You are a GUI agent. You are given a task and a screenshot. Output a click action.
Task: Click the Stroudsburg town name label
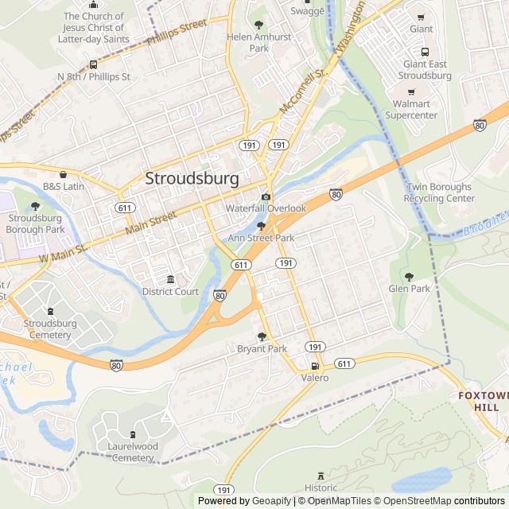(x=192, y=179)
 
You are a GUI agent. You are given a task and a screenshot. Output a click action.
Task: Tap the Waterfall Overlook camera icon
(x=266, y=197)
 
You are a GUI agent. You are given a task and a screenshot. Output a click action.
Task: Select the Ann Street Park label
(x=261, y=238)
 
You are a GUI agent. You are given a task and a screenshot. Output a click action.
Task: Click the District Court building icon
(x=170, y=279)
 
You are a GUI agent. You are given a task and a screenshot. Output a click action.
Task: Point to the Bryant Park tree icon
(x=262, y=336)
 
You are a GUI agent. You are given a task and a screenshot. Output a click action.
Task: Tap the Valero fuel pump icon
(x=315, y=367)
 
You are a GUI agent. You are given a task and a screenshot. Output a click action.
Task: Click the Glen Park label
(x=409, y=289)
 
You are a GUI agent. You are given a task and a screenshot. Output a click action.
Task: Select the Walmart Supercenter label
(x=411, y=110)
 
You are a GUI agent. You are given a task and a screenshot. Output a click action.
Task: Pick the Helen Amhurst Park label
(x=258, y=43)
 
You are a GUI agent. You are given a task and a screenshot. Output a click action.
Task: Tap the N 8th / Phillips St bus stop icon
(x=94, y=65)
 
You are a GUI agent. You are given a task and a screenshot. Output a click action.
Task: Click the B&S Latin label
(x=64, y=186)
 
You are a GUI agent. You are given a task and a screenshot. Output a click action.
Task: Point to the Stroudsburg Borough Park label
(x=35, y=223)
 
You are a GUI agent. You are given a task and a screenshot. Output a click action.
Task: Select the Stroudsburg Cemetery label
(x=50, y=328)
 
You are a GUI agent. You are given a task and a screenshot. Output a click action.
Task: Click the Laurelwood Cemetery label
(x=133, y=452)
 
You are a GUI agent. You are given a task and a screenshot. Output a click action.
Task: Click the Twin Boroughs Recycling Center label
(x=440, y=192)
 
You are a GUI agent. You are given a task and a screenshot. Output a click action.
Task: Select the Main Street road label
(x=150, y=224)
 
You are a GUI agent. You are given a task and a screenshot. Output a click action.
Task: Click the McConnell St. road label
(x=303, y=91)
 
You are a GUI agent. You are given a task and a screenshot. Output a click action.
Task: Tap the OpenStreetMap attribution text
(x=413, y=501)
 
